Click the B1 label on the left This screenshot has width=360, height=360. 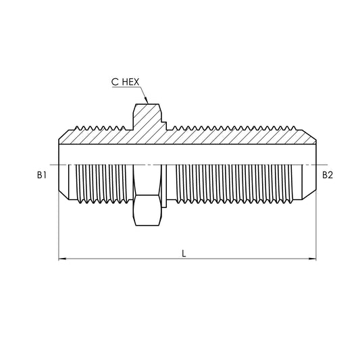[x=42, y=175]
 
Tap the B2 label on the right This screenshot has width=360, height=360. [x=327, y=175]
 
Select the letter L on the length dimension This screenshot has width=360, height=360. [x=184, y=253]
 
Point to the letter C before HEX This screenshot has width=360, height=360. [x=115, y=82]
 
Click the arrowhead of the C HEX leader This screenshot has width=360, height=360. [x=147, y=102]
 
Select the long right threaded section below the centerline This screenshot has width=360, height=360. [x=236, y=184]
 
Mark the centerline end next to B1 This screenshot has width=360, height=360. [x=55, y=165]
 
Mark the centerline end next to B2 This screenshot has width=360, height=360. [x=320, y=165]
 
